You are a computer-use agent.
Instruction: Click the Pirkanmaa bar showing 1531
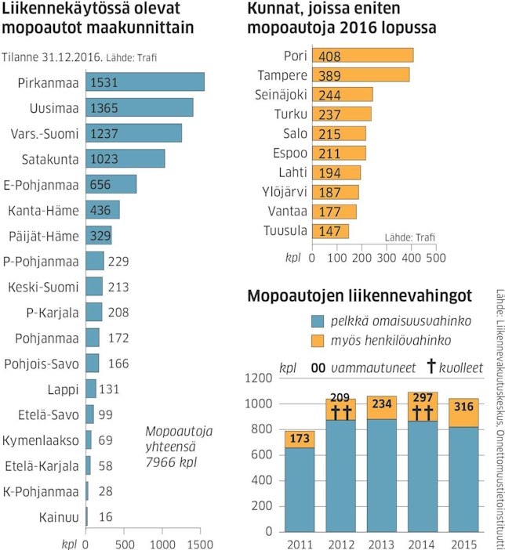(x=145, y=82)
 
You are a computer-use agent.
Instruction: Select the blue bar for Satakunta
(x=125, y=159)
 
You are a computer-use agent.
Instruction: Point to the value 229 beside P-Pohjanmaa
(x=118, y=261)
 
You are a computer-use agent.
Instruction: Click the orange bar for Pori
(x=362, y=56)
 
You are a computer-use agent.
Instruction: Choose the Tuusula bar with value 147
(x=330, y=231)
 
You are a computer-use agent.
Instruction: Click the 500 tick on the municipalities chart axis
(x=435, y=256)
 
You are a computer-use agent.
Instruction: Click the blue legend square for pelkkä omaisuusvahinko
(x=318, y=321)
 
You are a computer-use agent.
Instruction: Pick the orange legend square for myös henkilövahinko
(x=318, y=341)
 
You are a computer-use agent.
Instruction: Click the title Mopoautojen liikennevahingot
(x=359, y=296)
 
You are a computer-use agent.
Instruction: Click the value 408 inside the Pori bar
(x=329, y=56)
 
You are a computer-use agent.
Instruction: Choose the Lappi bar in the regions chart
(x=91, y=389)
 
